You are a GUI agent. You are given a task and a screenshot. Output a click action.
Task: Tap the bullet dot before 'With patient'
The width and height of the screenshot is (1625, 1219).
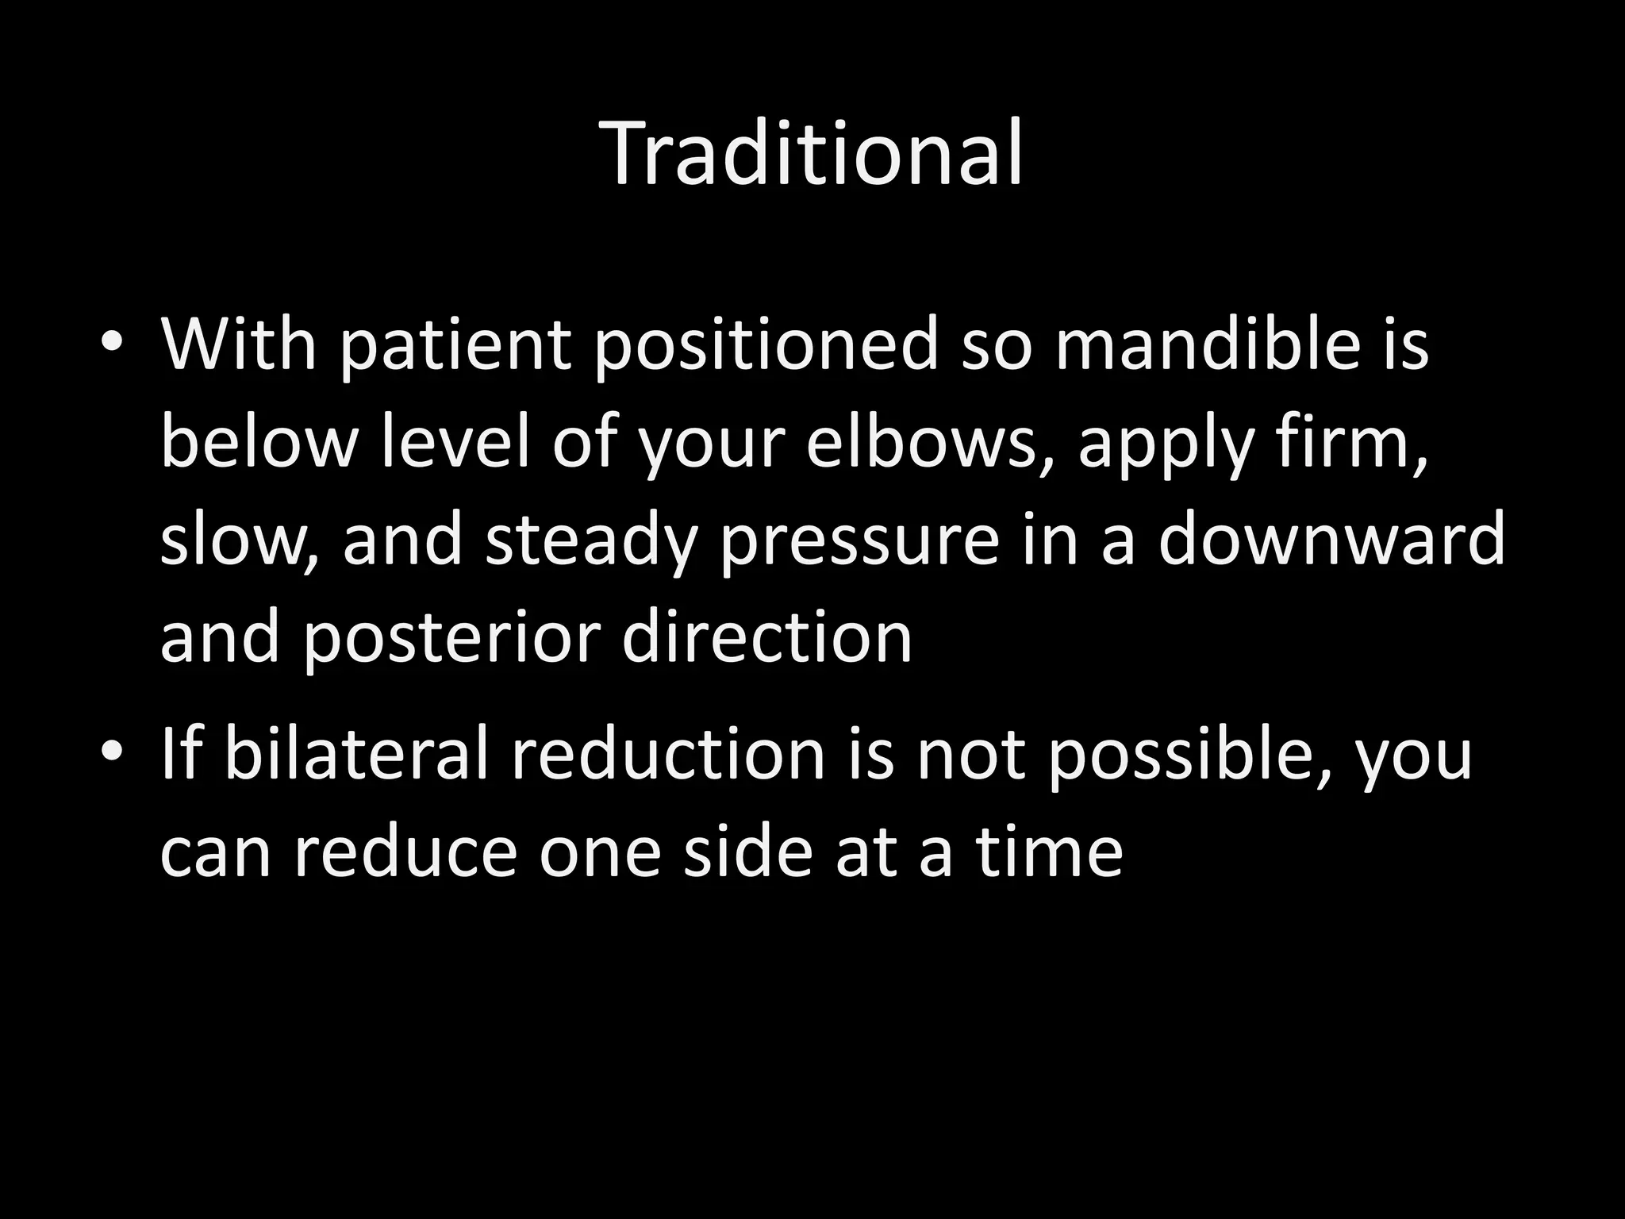pos(112,343)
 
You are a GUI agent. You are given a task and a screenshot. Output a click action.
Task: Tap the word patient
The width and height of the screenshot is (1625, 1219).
pos(455,346)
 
